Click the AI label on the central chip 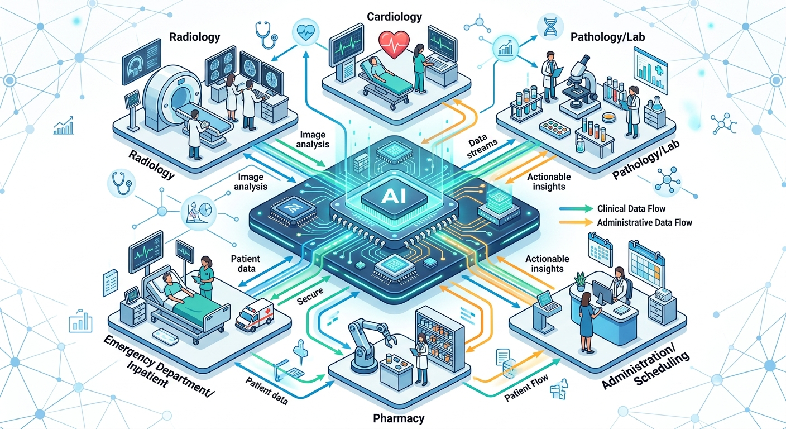394,196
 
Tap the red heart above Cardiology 394,45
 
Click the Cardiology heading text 395,17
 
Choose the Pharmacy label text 398,418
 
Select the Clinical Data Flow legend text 631,208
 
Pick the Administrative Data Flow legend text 645,222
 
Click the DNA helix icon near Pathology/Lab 550,27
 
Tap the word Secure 310,297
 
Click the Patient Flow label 526,388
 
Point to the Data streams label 482,147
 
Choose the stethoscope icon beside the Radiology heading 266,35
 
